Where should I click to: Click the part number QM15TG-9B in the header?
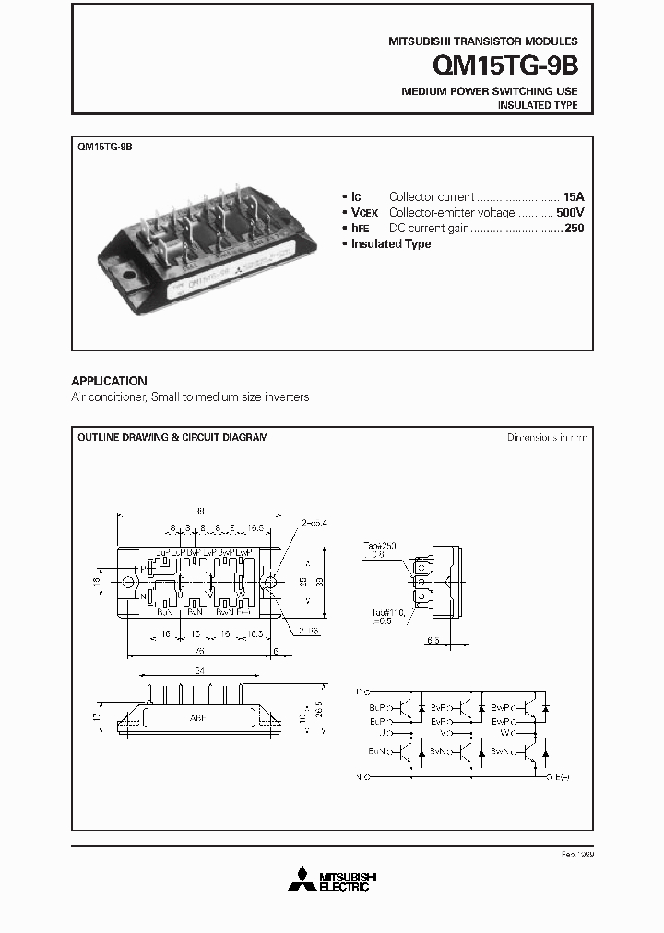pos(505,66)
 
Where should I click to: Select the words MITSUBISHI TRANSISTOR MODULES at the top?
pos(482,41)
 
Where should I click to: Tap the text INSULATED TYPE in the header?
pos(538,106)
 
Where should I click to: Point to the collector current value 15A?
pos(574,196)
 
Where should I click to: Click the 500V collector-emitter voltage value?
pos(569,212)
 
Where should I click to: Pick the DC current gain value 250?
pos(574,228)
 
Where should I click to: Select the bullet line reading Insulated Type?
pos(391,243)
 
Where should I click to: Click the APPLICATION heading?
pos(109,381)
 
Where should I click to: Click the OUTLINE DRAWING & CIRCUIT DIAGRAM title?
pos(172,437)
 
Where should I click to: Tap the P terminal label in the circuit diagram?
pos(359,690)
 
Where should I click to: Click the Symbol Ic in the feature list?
pos(356,196)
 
